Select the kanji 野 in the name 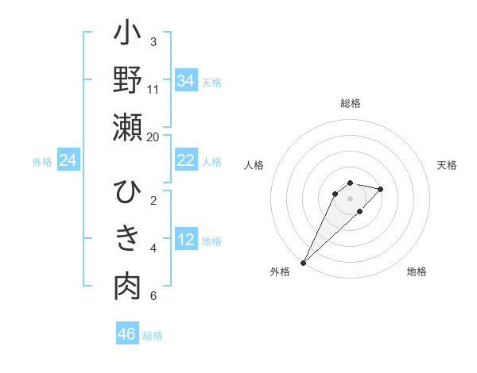127,81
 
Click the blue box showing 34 185,80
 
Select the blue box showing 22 185,160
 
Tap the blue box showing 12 185,240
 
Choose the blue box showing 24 68,160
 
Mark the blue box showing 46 127,334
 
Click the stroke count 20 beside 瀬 153,137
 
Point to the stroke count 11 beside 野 153,89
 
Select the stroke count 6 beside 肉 153,296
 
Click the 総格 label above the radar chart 350,103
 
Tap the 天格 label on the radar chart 447,165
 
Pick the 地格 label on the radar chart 417,272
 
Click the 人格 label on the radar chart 254,165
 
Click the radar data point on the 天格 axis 381,189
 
